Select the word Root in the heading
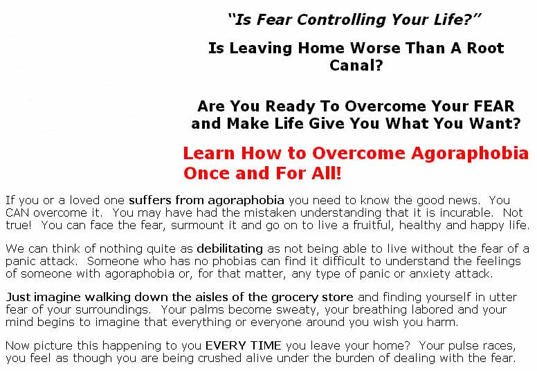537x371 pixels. coord(485,48)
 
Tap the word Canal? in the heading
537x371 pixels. coord(356,65)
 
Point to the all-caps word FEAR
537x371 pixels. coord(494,106)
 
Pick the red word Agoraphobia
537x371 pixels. coord(470,154)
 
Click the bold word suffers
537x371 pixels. coord(149,200)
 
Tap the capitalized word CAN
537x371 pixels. coord(17,212)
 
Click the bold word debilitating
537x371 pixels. coord(230,248)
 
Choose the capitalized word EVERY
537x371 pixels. coord(225,345)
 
